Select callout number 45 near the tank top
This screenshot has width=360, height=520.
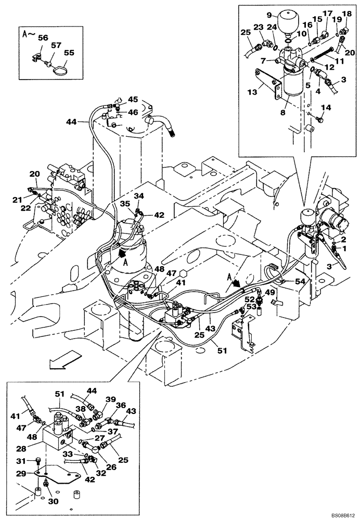[133, 99]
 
